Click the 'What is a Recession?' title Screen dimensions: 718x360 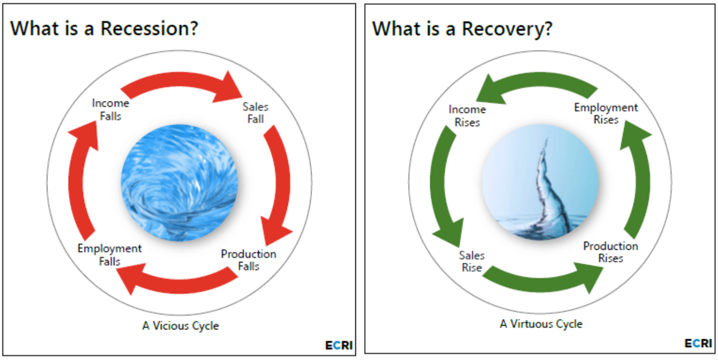104,28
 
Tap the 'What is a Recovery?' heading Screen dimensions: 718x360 462,29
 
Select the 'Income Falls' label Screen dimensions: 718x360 110,110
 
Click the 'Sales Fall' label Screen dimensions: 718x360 256,113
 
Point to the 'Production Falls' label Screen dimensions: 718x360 249,260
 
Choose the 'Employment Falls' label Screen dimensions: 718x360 110,255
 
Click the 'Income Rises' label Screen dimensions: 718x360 467,116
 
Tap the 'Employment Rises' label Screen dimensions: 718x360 606,113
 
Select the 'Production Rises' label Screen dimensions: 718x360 611,252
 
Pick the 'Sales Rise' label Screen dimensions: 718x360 471,262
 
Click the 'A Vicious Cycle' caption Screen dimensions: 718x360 181,326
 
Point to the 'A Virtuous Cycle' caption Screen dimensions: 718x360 541,324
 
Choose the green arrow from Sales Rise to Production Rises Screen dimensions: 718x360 542,285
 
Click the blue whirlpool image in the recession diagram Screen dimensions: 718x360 179,183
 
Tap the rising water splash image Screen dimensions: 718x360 541,182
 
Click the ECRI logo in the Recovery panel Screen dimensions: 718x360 698,344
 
